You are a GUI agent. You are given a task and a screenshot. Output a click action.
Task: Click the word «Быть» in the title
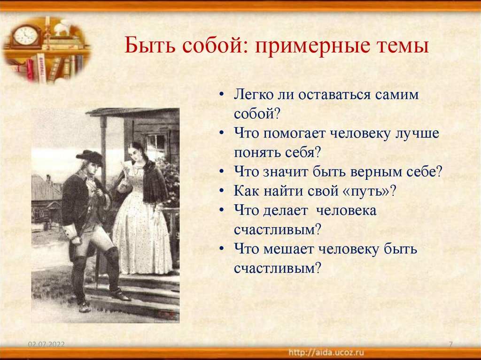point(147,47)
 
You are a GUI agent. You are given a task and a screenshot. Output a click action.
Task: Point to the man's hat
point(90,157)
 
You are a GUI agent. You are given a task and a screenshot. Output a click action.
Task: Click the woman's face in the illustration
point(137,155)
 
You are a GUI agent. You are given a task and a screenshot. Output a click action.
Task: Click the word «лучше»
point(416,133)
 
